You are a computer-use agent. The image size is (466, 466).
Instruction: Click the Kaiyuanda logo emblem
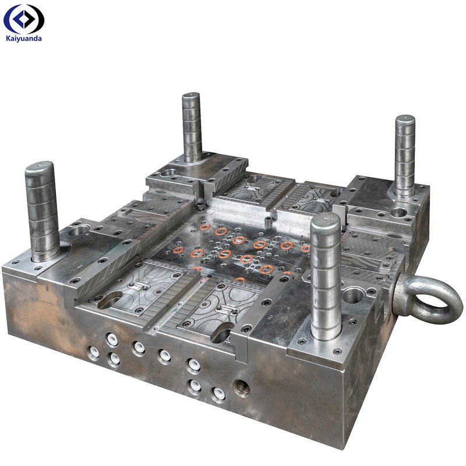pos(23,19)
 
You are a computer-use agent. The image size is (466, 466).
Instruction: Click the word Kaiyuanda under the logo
pos(23,38)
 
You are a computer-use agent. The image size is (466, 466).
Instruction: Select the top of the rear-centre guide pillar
pos(190,97)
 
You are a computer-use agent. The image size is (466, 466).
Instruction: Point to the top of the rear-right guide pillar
pos(405,121)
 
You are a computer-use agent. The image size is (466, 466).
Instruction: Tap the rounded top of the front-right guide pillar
pos(325,221)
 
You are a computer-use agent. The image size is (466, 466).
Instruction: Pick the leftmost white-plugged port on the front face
pos(93,352)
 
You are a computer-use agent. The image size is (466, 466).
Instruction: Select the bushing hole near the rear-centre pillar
pos(169,173)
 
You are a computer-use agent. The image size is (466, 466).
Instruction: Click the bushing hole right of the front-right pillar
pos(353,295)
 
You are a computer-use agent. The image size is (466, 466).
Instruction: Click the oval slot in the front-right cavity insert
pos(222,334)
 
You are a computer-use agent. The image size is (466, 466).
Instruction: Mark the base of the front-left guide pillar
pos(45,253)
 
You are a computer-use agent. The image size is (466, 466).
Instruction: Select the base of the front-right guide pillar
pos(326,332)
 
